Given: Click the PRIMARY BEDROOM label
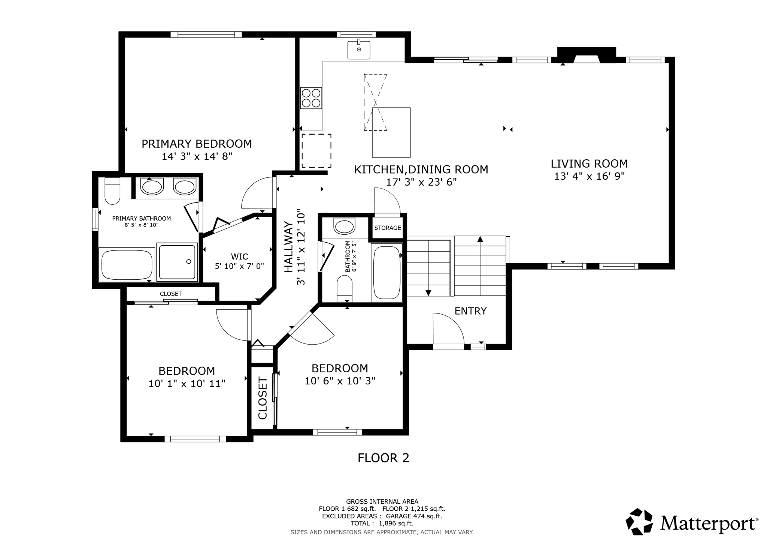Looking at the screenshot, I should (197, 144).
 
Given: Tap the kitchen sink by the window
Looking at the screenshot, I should (359, 50).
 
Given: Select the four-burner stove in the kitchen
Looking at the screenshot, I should (311, 98).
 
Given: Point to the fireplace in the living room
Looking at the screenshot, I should (586, 55).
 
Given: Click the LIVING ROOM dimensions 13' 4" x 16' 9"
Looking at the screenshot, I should (589, 176).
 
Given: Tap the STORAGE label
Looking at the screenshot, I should (388, 228).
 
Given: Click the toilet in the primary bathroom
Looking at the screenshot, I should (112, 191).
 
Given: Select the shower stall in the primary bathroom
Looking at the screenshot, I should (177, 261).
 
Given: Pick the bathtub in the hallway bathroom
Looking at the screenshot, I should (386, 272).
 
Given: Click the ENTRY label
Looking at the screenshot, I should (470, 311).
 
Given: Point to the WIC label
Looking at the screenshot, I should (239, 256).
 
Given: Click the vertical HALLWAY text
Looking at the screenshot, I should (288, 247).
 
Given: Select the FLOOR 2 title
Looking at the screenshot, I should (383, 458).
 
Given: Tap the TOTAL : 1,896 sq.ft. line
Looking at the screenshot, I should (382, 523).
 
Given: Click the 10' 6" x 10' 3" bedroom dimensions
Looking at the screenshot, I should (340, 381).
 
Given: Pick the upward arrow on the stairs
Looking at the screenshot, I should (480, 239).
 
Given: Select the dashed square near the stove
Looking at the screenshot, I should (316, 151).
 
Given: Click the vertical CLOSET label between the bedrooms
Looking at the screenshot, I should (263, 398).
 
